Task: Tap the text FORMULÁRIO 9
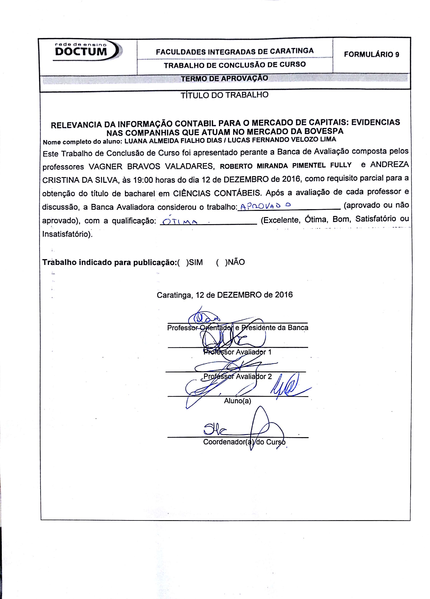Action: [x=371, y=54]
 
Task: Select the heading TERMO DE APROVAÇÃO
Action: [x=224, y=78]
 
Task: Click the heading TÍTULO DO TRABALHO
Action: [x=224, y=95]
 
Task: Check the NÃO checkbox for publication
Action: [x=221, y=262]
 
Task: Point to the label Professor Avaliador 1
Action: [x=237, y=352]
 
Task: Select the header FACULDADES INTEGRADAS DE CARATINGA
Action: [x=235, y=51]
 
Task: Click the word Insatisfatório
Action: [x=67, y=234]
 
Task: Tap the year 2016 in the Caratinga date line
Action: [x=284, y=295]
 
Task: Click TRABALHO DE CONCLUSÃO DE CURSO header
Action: [x=235, y=65]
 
